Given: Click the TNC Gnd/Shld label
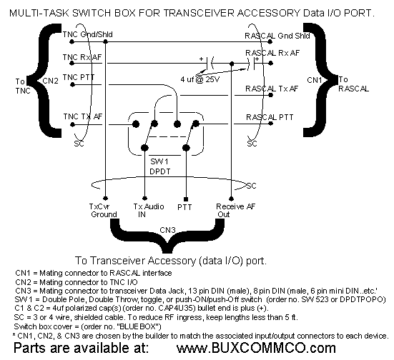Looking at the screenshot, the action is tap(88, 34).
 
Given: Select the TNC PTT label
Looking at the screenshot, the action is tap(79, 77).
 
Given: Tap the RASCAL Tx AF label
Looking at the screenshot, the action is tap(272, 89).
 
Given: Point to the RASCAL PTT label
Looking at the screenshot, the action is tap(270, 117).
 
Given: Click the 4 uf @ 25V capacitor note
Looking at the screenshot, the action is tap(200, 79).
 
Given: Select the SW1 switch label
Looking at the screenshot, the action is tap(159, 161).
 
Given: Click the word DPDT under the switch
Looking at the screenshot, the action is tap(160, 171).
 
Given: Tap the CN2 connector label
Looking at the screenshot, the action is tap(51, 81).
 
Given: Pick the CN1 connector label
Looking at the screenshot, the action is tap(315, 80).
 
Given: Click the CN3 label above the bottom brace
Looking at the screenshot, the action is tap(167, 230).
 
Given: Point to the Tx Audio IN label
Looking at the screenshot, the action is tap(149, 211).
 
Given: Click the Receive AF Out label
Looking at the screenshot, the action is tap(235, 211).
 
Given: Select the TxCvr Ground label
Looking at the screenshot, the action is tap(103, 211).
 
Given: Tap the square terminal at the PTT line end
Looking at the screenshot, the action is tap(186, 199).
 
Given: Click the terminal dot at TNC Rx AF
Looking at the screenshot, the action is tap(72, 63).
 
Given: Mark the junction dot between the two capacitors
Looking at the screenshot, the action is tap(232, 64).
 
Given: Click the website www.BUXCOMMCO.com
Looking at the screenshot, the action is tap(256, 348).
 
